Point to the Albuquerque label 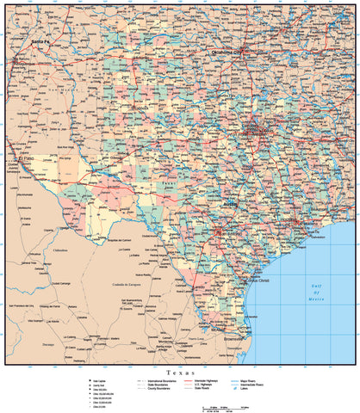pyautogui.click(x=27, y=64)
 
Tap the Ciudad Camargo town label pyautogui.click(x=61, y=283)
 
